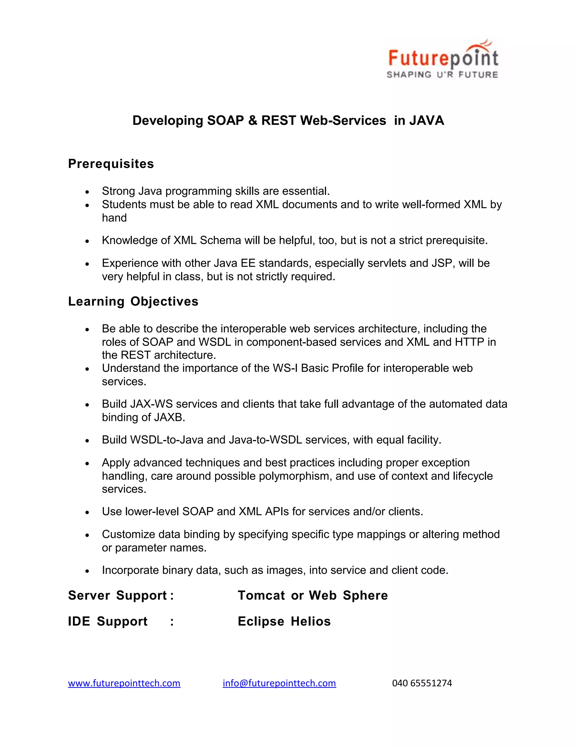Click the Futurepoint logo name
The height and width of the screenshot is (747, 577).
tap(443, 58)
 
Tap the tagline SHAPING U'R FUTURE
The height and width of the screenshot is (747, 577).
tap(442, 75)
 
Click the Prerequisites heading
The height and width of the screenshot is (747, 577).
tap(111, 163)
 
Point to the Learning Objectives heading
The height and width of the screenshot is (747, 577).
tap(133, 301)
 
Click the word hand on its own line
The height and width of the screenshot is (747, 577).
tap(114, 218)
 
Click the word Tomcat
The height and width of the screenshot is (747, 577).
tap(261, 595)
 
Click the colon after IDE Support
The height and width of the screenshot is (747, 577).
tap(172, 622)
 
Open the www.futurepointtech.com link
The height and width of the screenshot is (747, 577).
tap(124, 683)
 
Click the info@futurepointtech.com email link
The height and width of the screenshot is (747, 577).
tap(279, 683)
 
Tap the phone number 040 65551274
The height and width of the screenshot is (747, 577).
tap(422, 683)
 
